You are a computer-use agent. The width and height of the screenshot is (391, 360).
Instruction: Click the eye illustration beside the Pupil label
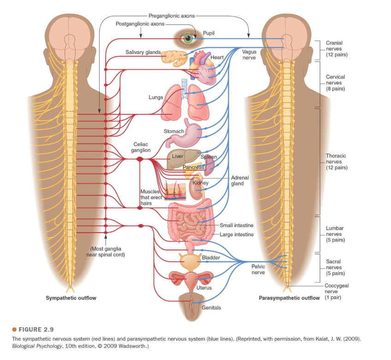(188, 39)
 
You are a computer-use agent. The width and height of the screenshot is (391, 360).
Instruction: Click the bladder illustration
(189, 262)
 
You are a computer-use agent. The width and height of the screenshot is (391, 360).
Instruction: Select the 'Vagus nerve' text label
(249, 54)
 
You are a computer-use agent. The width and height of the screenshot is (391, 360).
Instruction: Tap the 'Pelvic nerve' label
(258, 270)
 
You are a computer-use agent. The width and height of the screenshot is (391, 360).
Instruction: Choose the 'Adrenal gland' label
(240, 180)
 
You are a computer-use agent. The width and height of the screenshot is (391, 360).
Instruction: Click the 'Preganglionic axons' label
(172, 16)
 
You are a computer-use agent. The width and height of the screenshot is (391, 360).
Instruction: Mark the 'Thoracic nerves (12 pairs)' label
(336, 162)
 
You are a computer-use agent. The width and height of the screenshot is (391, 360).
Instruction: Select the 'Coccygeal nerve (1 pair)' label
(336, 292)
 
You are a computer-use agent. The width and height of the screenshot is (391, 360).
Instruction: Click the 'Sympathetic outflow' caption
(71, 298)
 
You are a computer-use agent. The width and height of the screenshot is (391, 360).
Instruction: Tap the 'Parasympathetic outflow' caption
(289, 298)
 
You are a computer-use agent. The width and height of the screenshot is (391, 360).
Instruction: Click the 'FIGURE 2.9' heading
(36, 330)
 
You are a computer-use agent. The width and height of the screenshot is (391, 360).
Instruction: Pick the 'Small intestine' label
(237, 225)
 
